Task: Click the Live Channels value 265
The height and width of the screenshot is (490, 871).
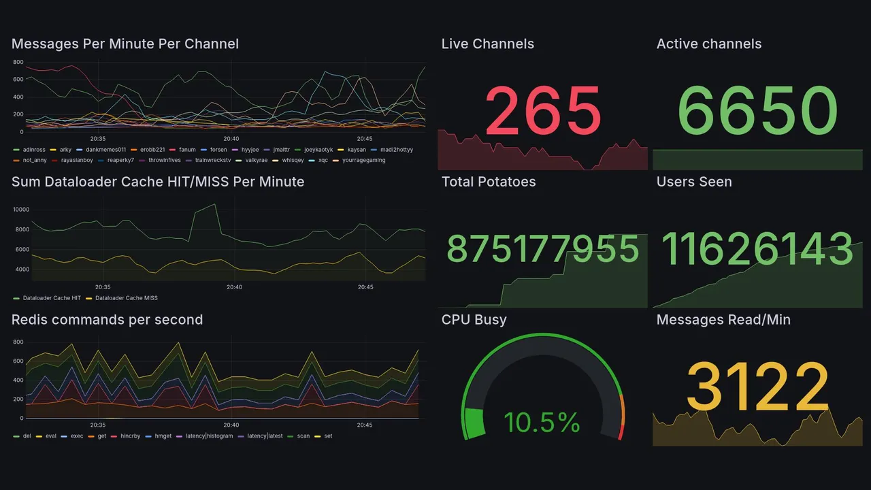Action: (x=543, y=111)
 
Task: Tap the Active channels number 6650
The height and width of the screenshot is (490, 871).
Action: (x=757, y=111)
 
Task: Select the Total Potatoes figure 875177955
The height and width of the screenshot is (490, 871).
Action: (x=543, y=249)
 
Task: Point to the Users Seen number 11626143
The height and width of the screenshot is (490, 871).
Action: (x=757, y=249)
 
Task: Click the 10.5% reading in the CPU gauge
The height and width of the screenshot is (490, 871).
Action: (x=542, y=423)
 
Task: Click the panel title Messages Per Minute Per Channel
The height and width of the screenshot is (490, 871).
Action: (x=125, y=44)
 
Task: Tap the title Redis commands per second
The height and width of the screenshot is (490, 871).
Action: (x=107, y=320)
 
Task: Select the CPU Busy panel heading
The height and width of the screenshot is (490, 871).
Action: (x=474, y=320)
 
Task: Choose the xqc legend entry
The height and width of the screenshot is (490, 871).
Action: (x=323, y=161)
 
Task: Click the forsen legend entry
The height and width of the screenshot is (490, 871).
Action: (x=218, y=150)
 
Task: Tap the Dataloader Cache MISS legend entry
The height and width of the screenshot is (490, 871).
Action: (x=126, y=298)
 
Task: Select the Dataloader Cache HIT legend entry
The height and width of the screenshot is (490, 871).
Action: (x=52, y=298)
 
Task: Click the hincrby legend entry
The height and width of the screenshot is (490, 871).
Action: (x=129, y=436)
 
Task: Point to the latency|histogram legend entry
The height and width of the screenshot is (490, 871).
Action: (x=208, y=436)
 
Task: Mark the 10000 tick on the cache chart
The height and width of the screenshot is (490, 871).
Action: (x=21, y=210)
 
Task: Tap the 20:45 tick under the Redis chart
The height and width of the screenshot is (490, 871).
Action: (x=365, y=425)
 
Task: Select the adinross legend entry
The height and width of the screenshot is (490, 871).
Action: (x=34, y=150)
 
